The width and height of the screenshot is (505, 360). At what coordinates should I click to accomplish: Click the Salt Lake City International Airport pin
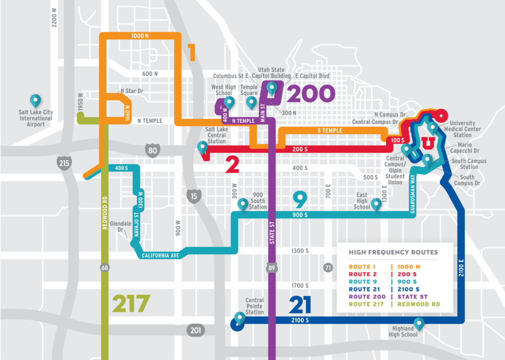(36, 101)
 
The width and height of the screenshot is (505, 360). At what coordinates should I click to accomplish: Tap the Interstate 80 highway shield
(153, 151)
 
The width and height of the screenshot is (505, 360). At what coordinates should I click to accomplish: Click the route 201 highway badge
(194, 330)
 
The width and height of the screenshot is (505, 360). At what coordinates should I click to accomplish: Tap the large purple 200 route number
(311, 93)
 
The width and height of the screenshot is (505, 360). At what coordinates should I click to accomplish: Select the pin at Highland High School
(419, 324)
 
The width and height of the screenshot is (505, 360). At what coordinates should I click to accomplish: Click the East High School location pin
(376, 204)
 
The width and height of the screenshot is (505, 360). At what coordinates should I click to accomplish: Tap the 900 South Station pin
(243, 204)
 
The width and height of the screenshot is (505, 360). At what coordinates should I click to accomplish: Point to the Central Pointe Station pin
(240, 318)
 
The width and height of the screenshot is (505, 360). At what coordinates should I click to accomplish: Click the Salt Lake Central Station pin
(202, 147)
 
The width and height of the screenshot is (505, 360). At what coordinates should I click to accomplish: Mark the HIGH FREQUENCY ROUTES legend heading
(393, 252)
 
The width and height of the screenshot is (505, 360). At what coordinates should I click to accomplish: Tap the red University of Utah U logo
(429, 143)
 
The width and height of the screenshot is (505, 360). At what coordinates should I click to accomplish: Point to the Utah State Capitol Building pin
(272, 88)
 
